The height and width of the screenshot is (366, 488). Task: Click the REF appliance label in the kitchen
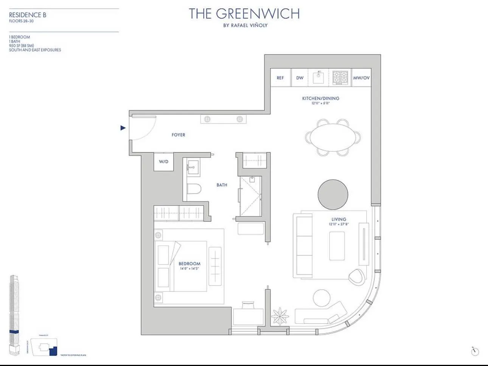click(280, 78)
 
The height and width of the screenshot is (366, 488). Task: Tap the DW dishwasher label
click(300, 78)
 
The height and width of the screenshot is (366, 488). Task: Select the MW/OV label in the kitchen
click(361, 78)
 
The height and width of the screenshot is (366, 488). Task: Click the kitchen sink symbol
click(318, 78)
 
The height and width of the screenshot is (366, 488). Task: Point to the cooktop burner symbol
click(340, 78)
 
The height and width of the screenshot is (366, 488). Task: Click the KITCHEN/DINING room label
click(320, 98)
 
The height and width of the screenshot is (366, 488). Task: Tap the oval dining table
click(333, 137)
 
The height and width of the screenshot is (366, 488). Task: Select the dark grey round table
click(333, 195)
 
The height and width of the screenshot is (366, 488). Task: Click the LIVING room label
click(339, 219)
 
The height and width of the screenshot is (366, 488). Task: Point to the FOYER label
click(178, 135)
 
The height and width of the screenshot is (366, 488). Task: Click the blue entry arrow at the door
click(123, 128)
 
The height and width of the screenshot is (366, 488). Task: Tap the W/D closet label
click(163, 162)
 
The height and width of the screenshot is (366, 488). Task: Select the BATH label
click(222, 185)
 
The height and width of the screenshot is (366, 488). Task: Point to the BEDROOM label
click(190, 264)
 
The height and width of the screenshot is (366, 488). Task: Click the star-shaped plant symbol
click(280, 316)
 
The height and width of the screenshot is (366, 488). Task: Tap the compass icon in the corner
click(475, 351)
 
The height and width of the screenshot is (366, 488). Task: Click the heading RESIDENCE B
click(28, 15)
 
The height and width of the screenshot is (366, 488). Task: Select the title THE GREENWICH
click(244, 14)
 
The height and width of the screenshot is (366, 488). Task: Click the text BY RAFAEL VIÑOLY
click(245, 25)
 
